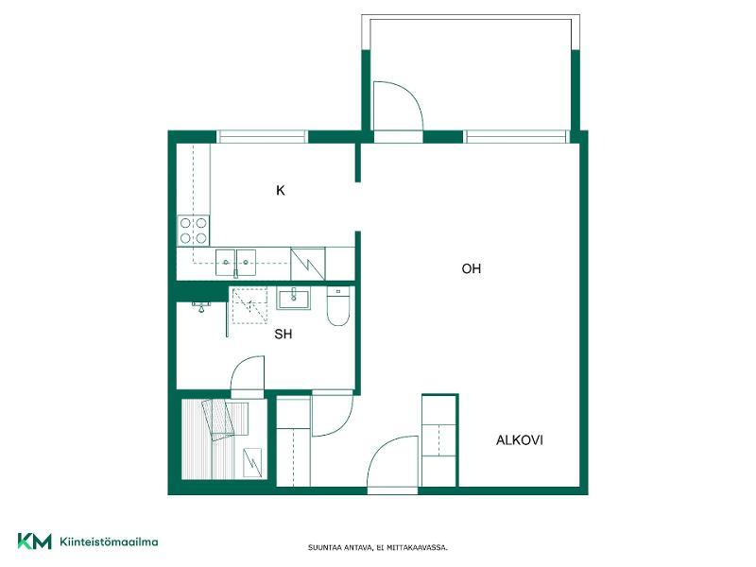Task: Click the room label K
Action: point(280,191)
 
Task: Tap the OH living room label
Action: point(471,268)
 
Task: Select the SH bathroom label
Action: point(283,334)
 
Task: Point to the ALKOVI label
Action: point(519,440)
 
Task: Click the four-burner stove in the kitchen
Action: point(194,231)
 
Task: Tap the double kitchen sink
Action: point(235,263)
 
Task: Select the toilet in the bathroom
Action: point(338,305)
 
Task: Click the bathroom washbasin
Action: point(294,298)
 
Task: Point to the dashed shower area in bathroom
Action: point(249,305)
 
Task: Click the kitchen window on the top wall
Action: point(262,137)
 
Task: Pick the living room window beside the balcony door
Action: point(516,137)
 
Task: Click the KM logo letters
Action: point(34,541)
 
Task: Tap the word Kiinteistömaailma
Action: point(109,541)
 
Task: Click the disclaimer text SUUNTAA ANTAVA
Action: point(340,548)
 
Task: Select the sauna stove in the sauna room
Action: point(252,462)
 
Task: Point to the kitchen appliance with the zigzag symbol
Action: point(308,264)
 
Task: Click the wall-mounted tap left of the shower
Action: point(201,306)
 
